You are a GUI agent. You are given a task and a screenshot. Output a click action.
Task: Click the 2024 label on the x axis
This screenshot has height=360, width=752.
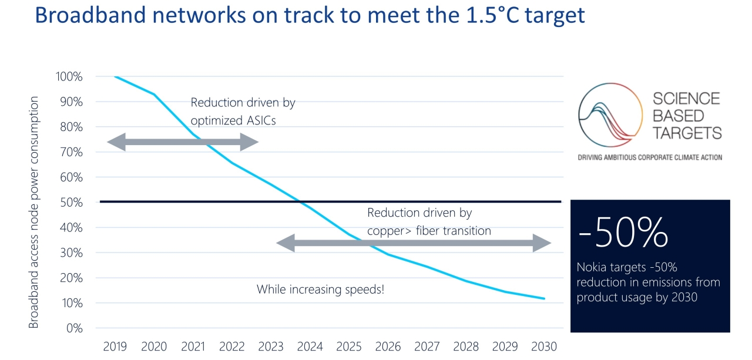pos(310,346)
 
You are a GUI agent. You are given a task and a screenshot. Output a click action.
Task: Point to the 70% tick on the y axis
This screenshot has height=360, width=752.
pos(70,152)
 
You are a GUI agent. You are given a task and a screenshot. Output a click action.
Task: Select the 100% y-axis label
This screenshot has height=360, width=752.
pos(69,76)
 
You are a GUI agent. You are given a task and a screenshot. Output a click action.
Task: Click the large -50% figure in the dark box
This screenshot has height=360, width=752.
pos(623,233)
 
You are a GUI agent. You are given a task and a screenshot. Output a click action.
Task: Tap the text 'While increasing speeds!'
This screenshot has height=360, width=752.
pos(320,290)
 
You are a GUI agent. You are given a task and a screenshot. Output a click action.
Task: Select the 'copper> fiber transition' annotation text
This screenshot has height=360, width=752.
pos(429,231)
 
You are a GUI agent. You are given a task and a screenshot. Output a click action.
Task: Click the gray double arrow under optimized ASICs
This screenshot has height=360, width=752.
pos(183,142)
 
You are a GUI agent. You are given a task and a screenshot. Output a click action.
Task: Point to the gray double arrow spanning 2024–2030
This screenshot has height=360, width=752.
pos(414,243)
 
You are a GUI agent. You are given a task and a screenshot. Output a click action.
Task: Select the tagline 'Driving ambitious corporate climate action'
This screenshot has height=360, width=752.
pos(650,157)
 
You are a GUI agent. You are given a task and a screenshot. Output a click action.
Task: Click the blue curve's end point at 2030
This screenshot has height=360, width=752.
pos(545,298)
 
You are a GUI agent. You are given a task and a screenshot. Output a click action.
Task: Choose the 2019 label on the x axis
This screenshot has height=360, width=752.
pos(115,346)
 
